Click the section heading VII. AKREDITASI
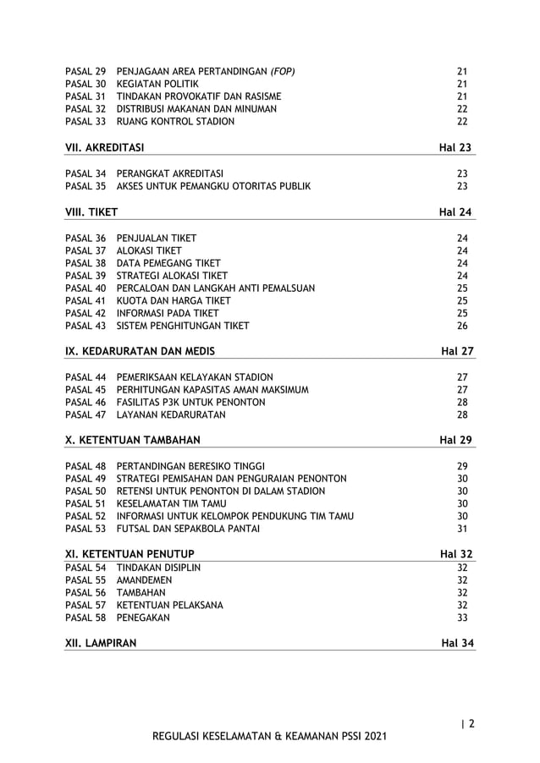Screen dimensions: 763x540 click(104, 148)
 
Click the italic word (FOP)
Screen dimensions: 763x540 click(278, 71)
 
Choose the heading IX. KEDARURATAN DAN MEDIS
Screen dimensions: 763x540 click(140, 351)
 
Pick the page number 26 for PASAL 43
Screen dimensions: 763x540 click(462, 326)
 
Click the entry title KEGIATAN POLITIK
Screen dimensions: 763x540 click(157, 84)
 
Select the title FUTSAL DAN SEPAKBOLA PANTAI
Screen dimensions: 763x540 click(188, 529)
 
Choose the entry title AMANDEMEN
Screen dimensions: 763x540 click(144, 580)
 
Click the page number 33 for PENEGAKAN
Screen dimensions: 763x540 click(462, 618)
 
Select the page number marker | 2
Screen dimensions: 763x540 click(466, 723)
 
